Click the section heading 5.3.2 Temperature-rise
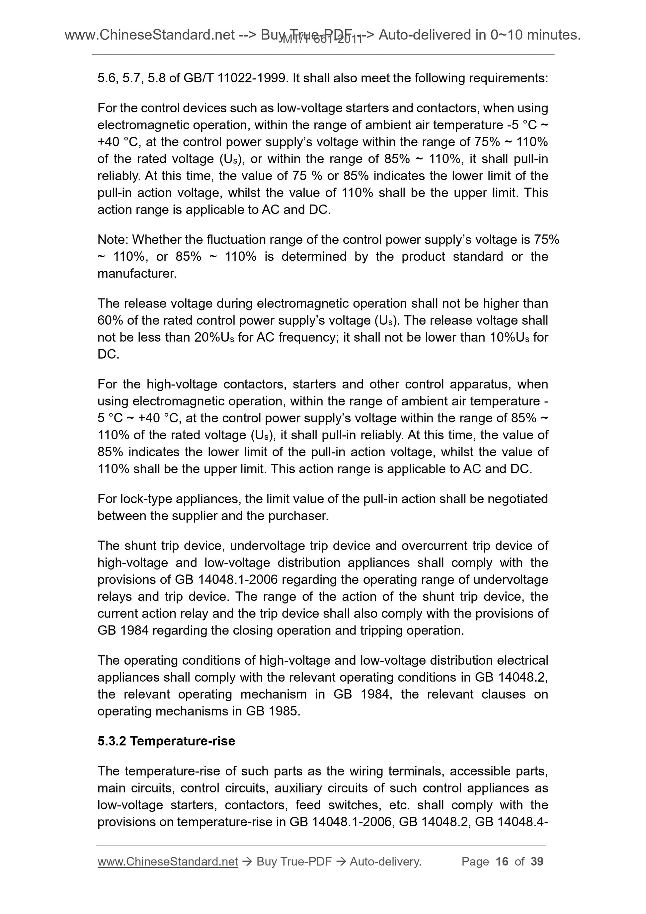click(166, 741)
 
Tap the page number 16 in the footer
click(502, 862)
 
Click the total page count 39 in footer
click(536, 862)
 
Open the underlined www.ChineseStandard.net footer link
click(168, 862)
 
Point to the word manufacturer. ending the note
click(137, 274)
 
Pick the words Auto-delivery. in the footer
click(385, 862)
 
